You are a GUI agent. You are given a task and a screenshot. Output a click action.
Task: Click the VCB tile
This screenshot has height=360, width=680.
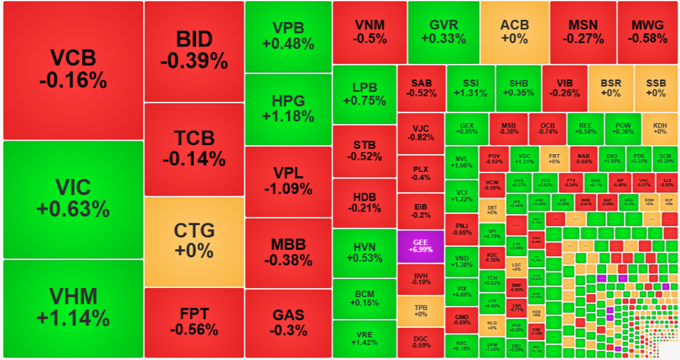[73, 70]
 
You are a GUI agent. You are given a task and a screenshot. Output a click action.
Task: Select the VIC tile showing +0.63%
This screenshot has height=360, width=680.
[73, 199]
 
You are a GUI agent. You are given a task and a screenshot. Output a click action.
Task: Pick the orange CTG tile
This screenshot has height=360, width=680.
[194, 241]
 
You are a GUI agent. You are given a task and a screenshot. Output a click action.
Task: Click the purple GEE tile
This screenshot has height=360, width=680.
[420, 245]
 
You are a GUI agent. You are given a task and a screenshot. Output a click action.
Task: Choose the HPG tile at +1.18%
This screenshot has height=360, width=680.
[288, 109]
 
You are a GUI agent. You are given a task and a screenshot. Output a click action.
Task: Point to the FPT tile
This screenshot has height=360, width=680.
[194, 322]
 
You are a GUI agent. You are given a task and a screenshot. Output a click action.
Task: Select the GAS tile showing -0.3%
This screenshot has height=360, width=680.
[288, 323]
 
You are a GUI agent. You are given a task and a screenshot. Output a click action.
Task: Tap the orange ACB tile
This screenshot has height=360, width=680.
[514, 32]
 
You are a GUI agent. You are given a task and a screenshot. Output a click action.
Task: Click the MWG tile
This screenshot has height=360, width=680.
[648, 32]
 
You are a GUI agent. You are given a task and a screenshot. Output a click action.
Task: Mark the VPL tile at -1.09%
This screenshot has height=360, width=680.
[288, 181]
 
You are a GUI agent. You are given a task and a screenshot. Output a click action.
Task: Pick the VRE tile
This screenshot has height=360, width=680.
[364, 338]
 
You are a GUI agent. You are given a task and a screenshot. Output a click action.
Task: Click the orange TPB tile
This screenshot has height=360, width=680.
[420, 311]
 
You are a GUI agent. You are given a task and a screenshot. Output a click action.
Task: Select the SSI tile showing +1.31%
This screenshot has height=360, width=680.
[470, 88]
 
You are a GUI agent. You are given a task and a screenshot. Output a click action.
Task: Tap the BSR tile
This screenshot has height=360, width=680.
[611, 88]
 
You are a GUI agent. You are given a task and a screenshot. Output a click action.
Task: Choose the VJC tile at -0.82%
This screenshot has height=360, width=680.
[420, 133]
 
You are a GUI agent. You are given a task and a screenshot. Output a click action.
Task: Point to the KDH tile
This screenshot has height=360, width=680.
[660, 129]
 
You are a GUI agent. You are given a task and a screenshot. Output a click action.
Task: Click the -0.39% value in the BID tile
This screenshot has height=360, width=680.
[194, 61]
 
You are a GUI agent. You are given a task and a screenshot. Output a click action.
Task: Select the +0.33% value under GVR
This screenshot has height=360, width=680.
[443, 39]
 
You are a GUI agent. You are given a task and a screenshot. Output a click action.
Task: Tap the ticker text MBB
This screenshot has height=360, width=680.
[288, 245]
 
